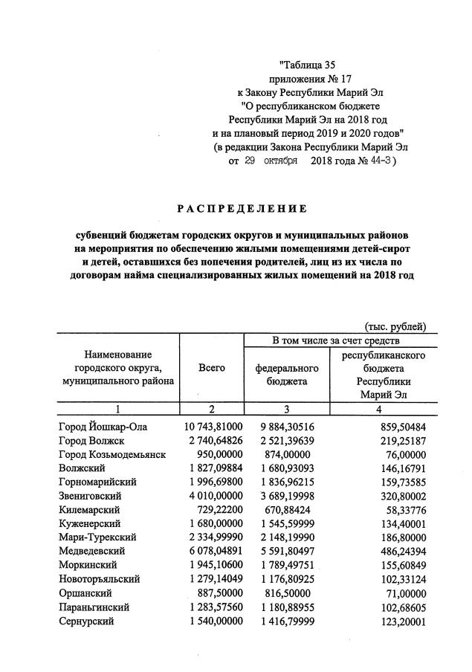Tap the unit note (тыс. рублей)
click(x=395, y=326)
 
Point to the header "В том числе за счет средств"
click(x=336, y=340)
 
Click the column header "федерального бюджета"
click(x=287, y=375)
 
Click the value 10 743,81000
click(x=213, y=426)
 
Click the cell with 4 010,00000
click(x=215, y=494)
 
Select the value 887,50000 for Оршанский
click(x=219, y=593)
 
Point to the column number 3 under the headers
click(x=287, y=409)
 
